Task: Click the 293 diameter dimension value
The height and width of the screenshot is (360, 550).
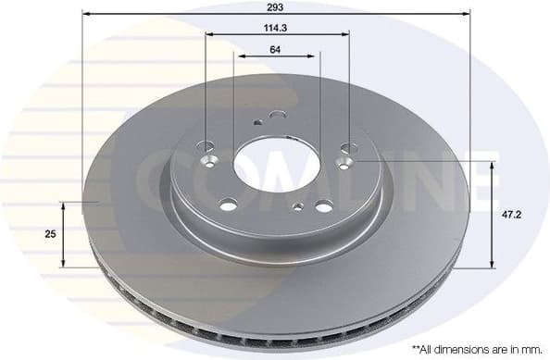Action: (x=275, y=6)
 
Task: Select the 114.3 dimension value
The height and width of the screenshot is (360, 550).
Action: (x=276, y=28)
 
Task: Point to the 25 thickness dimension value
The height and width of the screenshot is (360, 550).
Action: (x=49, y=234)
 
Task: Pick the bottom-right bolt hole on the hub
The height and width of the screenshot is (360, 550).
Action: (x=322, y=206)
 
